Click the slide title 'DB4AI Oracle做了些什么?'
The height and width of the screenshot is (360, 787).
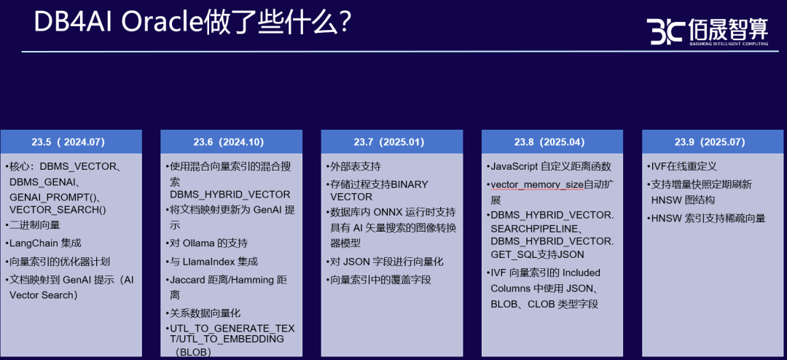(x=192, y=23)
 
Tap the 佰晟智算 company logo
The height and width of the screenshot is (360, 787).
(x=707, y=31)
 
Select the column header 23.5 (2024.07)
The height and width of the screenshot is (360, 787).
(x=71, y=141)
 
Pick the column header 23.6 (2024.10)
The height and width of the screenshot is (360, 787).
(x=232, y=141)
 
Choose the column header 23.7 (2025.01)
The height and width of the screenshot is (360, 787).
(x=392, y=141)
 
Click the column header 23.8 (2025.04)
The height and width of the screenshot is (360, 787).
(x=552, y=141)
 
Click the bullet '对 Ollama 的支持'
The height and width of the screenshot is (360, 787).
(x=206, y=243)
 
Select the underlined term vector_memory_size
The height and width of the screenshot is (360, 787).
(x=537, y=184)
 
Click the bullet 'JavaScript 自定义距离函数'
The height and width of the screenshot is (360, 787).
(x=549, y=166)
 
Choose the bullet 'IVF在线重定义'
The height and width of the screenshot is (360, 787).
(x=681, y=166)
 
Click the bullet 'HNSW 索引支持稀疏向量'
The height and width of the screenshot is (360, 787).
(x=705, y=218)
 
